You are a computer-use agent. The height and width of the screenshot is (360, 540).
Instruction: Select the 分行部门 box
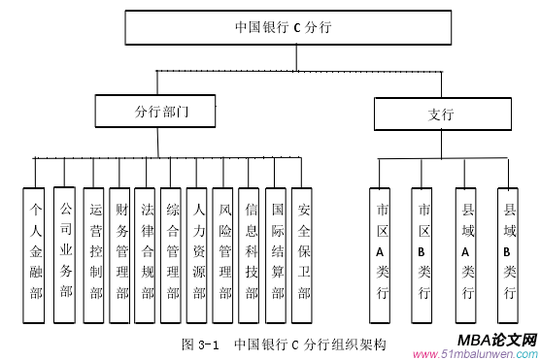click(161, 113)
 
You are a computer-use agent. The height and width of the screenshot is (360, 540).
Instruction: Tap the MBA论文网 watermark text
click(495, 341)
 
